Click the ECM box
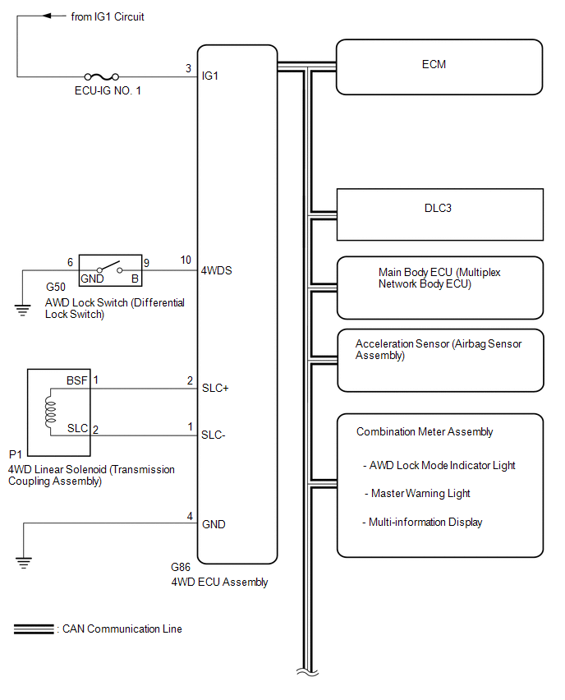(x=439, y=67)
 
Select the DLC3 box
(x=439, y=214)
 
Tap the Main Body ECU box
(x=439, y=288)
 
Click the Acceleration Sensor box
(x=439, y=360)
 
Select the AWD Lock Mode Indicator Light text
(x=442, y=465)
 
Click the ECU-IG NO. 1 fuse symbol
(x=103, y=76)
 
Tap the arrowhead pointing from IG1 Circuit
(x=46, y=16)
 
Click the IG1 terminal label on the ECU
(x=211, y=76)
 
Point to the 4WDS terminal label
(x=218, y=269)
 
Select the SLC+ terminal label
(x=215, y=389)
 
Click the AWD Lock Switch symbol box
(x=110, y=269)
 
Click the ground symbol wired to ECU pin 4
(x=24, y=564)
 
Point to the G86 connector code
(x=180, y=568)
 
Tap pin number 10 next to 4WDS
(x=186, y=260)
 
